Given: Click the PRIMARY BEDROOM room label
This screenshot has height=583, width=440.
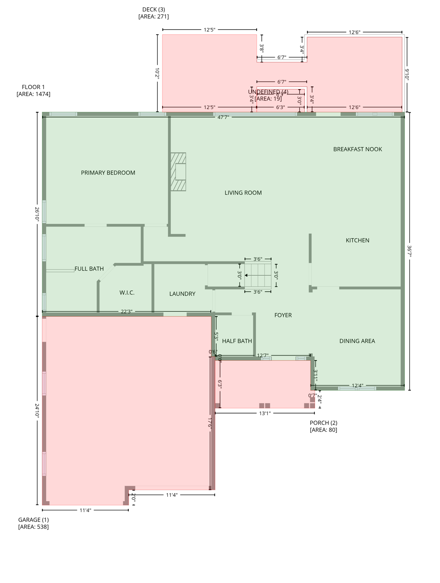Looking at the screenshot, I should [108, 173].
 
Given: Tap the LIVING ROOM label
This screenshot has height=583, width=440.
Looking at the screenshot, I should [243, 193].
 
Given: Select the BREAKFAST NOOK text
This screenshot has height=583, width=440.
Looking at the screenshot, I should [357, 149].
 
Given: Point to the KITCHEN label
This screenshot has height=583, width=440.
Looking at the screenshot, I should [357, 240].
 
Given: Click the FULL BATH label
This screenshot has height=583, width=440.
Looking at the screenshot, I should [89, 269].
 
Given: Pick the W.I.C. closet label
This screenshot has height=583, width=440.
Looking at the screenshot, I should [127, 293].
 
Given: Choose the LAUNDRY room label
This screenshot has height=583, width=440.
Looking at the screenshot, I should [182, 294].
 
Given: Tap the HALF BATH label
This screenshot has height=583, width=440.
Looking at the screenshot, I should [237, 341].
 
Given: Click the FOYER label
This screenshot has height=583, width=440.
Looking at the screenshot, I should [283, 315].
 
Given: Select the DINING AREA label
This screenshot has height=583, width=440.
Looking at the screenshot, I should [357, 341].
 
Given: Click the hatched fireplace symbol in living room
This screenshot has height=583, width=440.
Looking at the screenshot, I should [178, 172].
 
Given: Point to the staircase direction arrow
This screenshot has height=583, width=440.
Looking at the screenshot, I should [247, 275].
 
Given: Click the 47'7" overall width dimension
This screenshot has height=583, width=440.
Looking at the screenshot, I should [223, 117].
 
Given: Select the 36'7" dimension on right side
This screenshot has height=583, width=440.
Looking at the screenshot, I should [409, 251].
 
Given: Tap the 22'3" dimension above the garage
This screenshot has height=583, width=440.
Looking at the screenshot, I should [126, 312].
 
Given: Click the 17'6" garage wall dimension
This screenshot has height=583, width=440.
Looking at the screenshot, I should [210, 423].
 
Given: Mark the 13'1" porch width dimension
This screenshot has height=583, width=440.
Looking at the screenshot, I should [265, 413].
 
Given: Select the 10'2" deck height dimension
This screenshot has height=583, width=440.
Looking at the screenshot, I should [157, 73].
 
